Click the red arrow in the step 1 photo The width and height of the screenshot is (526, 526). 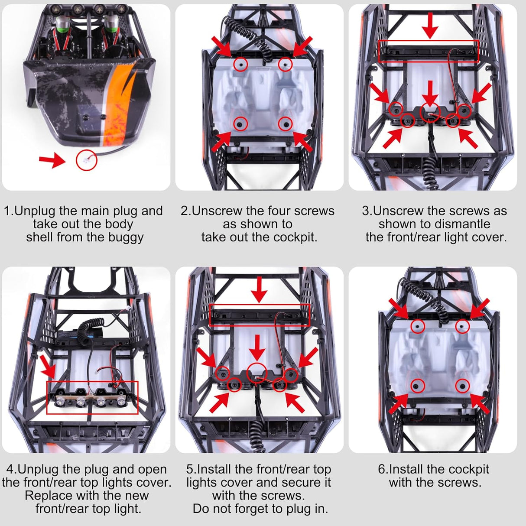pos(52,160)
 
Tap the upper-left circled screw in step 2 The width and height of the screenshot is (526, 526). pos(240,65)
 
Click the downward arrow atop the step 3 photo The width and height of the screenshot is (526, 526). pos(430,25)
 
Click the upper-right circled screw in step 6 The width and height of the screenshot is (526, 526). pos(462,326)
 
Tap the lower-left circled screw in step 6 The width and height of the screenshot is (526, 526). pos(417,385)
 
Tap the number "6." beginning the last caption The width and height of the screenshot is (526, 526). pos(383,469)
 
